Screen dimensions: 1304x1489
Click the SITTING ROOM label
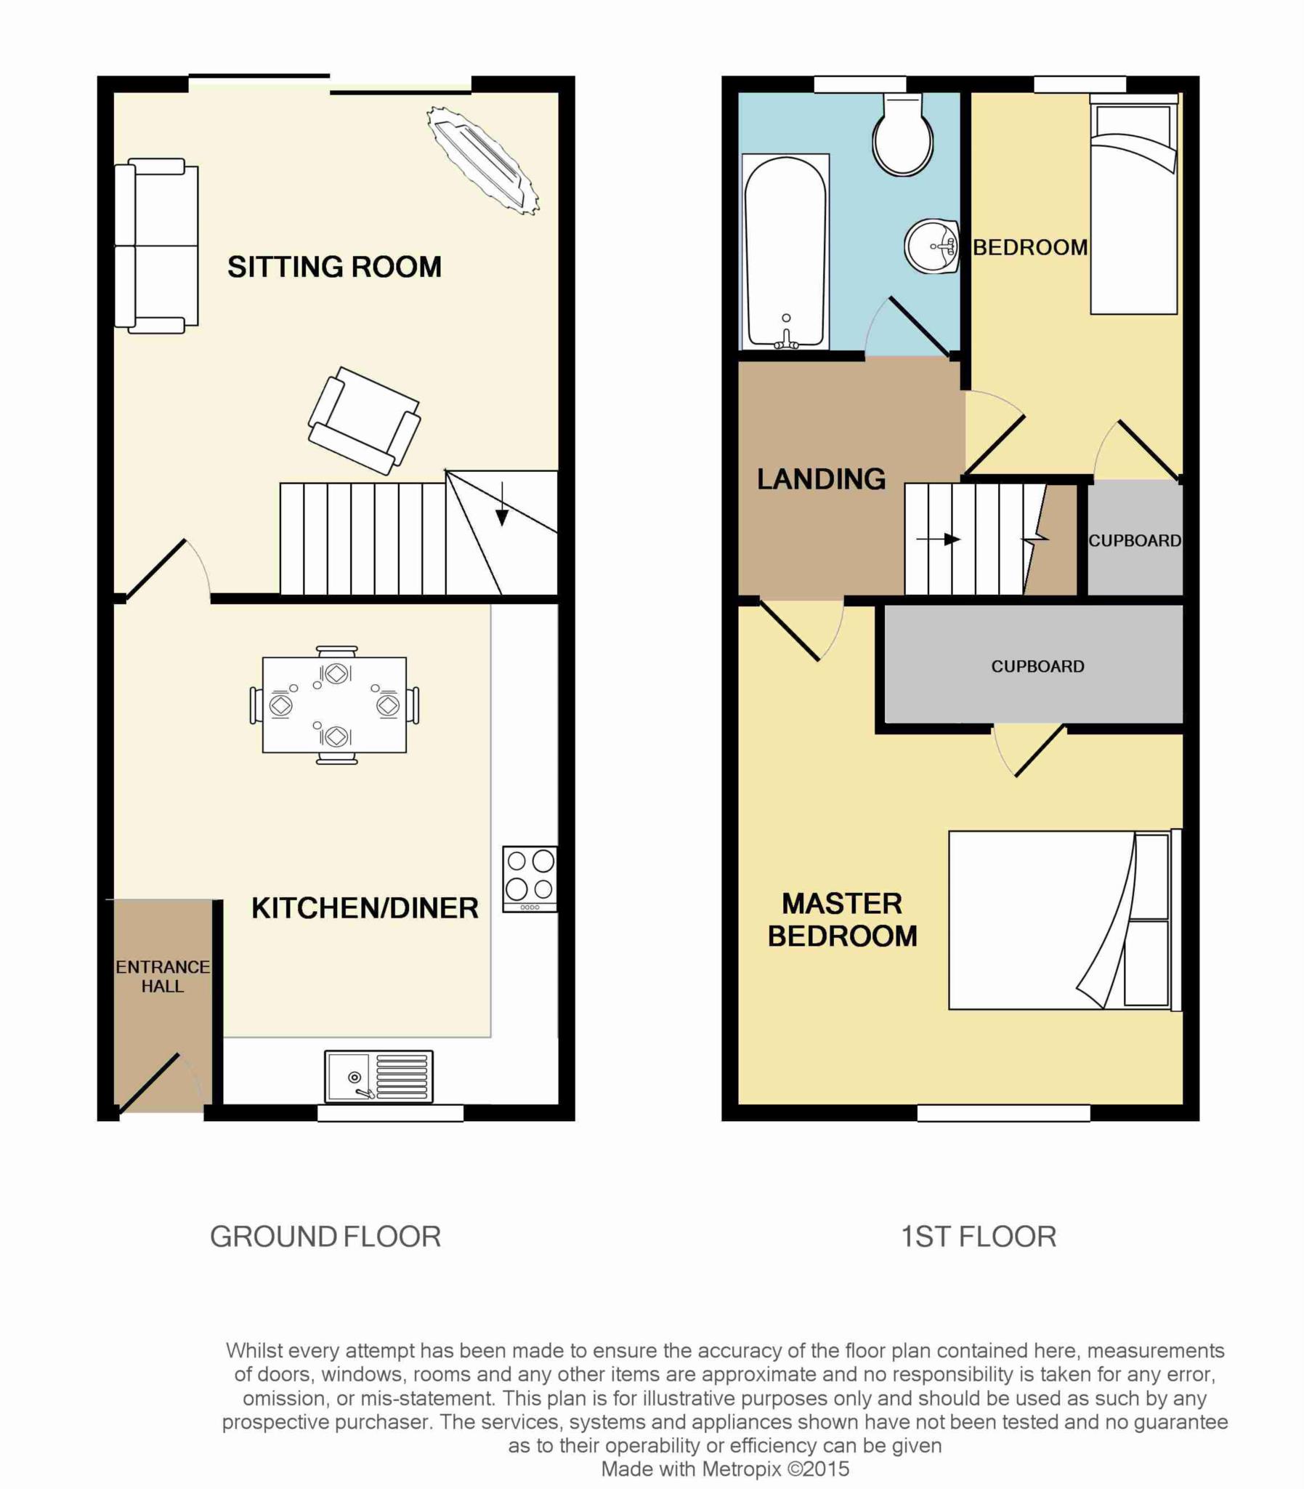tap(334, 267)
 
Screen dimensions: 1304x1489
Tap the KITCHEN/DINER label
tap(365, 908)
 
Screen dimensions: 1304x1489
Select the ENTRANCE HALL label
tap(162, 976)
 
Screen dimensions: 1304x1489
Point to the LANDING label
tap(822, 478)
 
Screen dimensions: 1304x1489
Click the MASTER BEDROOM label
tap(843, 920)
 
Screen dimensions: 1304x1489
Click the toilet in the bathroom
tap(903, 133)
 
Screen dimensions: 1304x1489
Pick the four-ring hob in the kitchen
tap(530, 879)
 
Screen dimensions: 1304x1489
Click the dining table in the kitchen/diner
tap(334, 705)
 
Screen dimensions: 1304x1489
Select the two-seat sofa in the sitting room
tap(156, 246)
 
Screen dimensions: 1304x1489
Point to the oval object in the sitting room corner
tap(483, 160)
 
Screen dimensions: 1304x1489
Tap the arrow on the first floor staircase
tap(939, 539)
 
